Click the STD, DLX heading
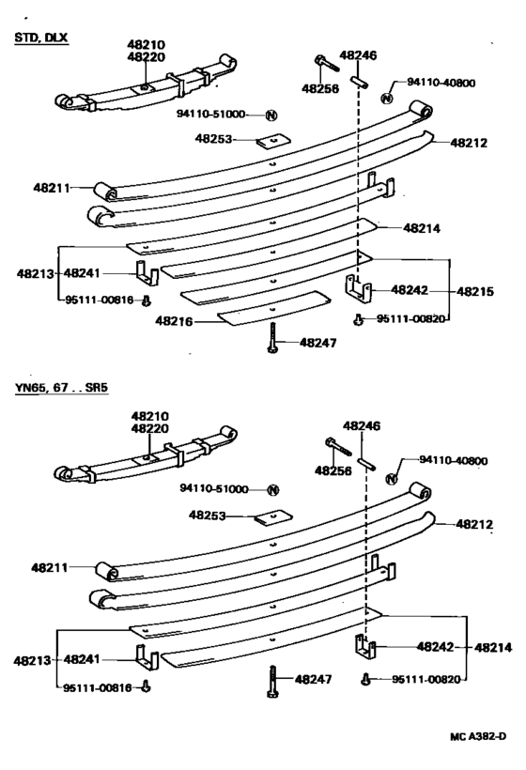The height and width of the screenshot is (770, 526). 41,38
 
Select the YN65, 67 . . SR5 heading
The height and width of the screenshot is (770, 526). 61,388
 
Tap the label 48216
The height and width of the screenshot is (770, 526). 175,321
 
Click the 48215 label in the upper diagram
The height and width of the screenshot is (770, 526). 475,291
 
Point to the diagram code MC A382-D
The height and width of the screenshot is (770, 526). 478,736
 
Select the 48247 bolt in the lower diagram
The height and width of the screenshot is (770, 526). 272,681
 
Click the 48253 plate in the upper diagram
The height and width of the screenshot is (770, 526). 273,142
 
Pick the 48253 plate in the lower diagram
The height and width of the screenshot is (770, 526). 273,518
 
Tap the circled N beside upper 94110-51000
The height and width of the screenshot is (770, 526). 271,115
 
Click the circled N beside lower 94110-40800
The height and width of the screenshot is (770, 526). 392,479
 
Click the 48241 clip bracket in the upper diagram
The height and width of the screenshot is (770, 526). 147,273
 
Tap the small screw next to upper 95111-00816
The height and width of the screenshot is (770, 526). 146,301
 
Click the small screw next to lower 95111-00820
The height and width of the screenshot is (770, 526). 364,679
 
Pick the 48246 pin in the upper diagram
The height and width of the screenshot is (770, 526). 359,82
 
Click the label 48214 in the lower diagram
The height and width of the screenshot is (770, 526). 493,648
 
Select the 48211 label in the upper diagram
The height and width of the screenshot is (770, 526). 52,187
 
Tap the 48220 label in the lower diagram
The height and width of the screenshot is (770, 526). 149,428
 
